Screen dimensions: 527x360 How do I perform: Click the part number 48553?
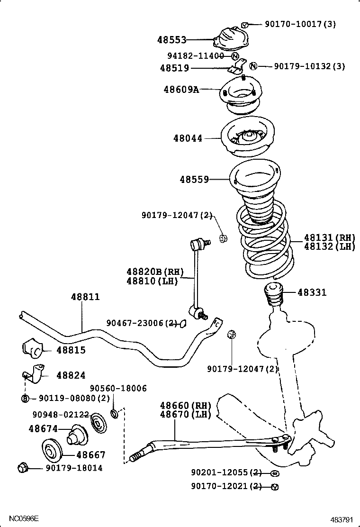[x=172, y=40]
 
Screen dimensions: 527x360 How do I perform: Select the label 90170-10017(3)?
[x=300, y=24]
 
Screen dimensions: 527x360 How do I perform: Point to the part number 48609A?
[x=181, y=89]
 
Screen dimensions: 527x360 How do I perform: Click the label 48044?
[x=188, y=138]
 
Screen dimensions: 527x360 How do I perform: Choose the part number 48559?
[x=194, y=180]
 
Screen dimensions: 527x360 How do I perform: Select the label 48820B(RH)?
[x=154, y=272]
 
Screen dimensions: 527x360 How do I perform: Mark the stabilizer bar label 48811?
[x=85, y=297]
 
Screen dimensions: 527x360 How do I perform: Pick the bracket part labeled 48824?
[x=34, y=374]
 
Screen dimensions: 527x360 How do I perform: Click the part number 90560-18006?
[x=118, y=389]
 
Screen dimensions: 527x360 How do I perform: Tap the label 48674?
[x=43, y=429]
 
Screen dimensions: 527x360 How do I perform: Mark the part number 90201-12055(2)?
[x=226, y=472]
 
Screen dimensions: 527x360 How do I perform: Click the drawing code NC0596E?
[x=23, y=518]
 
